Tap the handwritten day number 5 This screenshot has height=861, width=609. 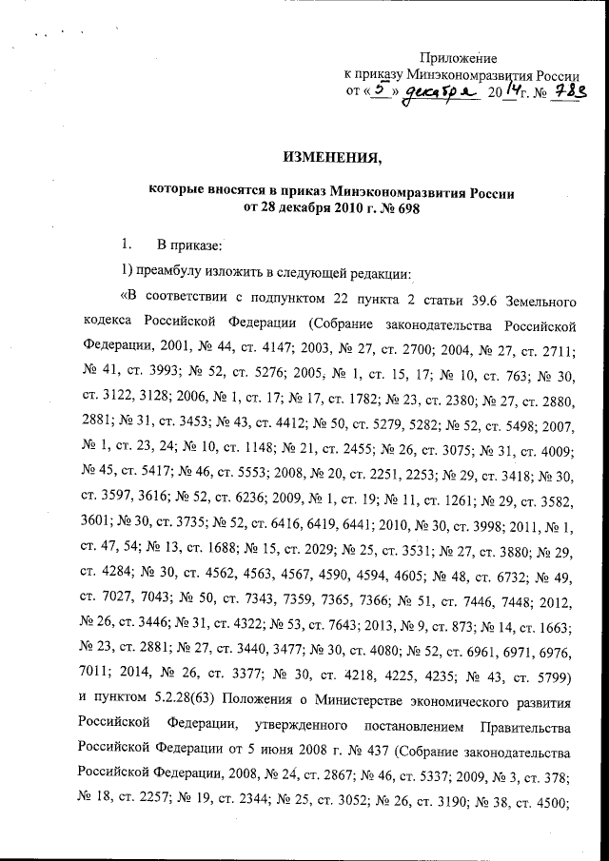click(381, 89)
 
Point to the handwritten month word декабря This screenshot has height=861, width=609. click(440, 92)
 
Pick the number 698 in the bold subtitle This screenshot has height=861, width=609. click(401, 209)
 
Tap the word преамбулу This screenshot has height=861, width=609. click(179, 275)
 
